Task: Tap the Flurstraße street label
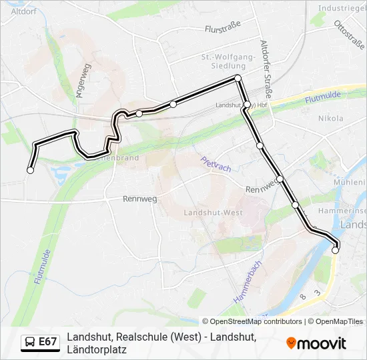[222, 29]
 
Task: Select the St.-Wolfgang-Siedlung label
[228, 61]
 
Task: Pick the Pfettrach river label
[216, 164]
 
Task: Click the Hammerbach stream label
[248, 283]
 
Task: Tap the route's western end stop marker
[30, 171]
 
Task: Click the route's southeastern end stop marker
[336, 251]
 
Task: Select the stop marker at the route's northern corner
[238, 79]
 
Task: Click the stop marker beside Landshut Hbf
[247, 105]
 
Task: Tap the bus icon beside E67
[30, 342]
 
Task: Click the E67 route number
[47, 342]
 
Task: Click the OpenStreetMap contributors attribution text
[252, 321]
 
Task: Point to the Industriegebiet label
[342, 9]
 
